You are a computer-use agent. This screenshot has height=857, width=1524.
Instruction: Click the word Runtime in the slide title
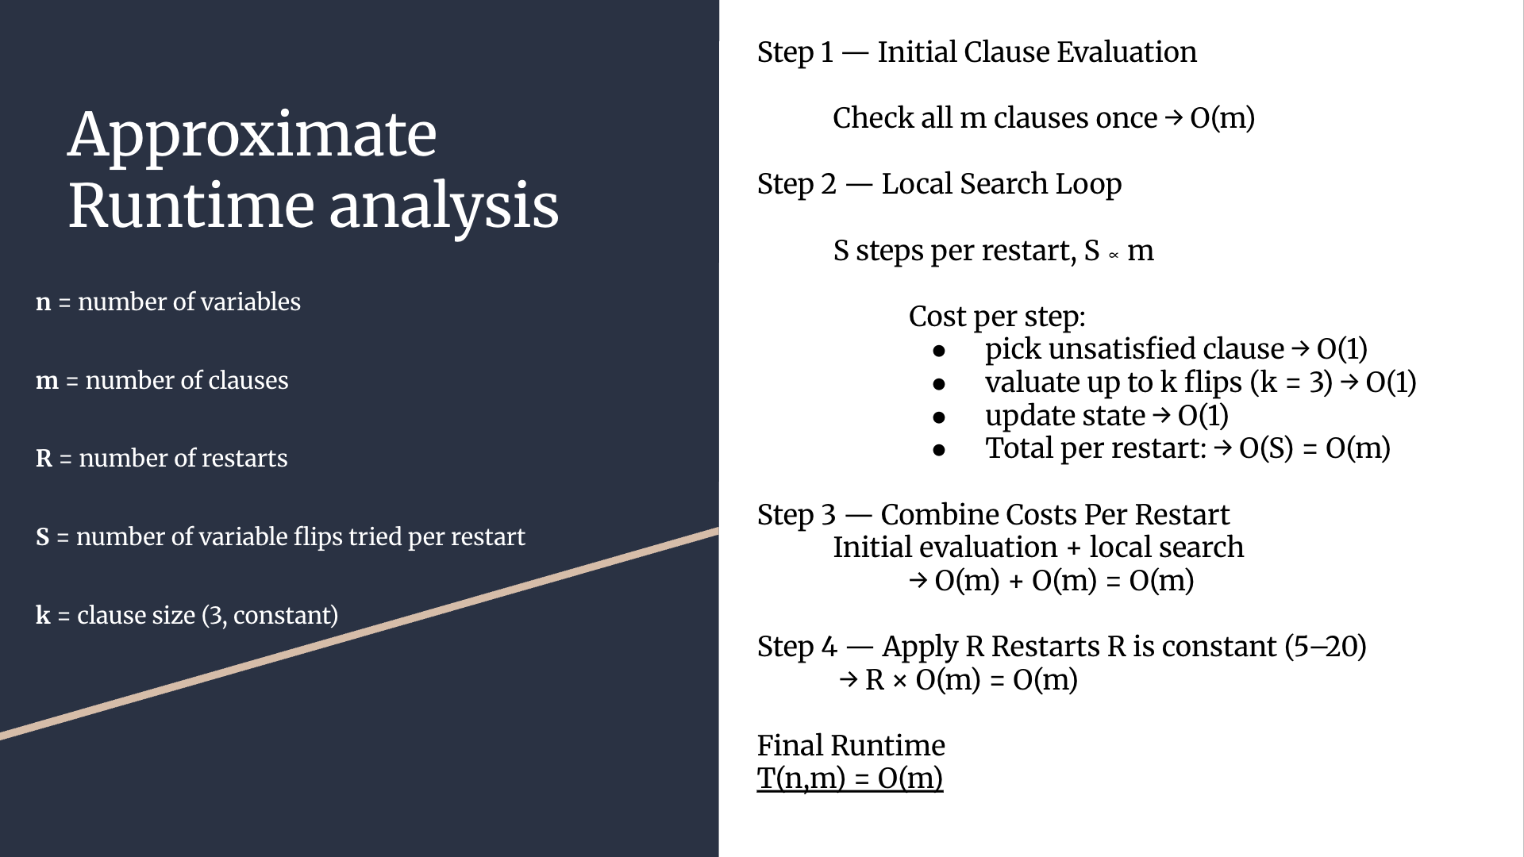click(x=191, y=206)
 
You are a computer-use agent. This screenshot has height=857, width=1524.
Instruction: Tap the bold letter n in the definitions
click(x=44, y=303)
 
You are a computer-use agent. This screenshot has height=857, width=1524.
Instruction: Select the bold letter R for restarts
click(x=44, y=459)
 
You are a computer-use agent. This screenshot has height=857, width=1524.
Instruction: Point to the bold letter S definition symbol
click(x=43, y=537)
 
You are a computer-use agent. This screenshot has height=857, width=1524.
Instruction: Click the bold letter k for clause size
click(x=43, y=615)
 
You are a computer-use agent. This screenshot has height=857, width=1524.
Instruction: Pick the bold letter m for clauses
click(x=48, y=382)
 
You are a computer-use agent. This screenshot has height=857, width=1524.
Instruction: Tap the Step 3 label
click(x=797, y=515)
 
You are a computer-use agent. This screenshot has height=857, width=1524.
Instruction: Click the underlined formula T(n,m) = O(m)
click(x=850, y=778)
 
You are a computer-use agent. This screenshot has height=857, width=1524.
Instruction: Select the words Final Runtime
click(x=851, y=745)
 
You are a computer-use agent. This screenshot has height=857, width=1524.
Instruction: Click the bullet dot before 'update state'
click(x=940, y=417)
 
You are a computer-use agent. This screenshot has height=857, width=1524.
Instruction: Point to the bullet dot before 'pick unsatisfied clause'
click(x=940, y=350)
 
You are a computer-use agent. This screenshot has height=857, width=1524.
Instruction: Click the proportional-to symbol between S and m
click(x=1114, y=256)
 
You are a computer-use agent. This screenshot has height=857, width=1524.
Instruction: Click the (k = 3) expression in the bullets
click(x=1291, y=382)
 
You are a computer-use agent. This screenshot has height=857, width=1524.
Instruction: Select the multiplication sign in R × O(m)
click(x=899, y=681)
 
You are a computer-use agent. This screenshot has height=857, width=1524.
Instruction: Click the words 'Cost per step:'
click(x=997, y=317)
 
